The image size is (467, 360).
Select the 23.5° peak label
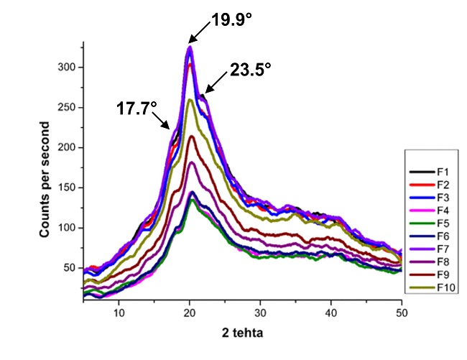tap(251, 70)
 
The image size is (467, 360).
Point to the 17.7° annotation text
tap(137, 108)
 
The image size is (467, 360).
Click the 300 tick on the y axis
tap(66, 68)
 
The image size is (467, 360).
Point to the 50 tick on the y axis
tap(69, 268)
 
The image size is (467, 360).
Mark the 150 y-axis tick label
tap(66, 188)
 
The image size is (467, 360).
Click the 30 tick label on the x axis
tap(260, 313)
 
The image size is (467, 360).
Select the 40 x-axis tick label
tap(331, 313)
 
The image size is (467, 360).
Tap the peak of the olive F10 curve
tap(190, 100)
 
